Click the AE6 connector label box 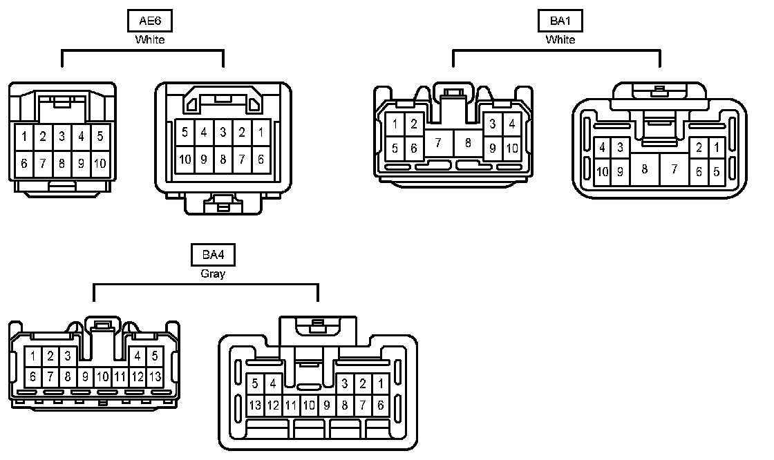(150, 21)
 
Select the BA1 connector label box (560, 21)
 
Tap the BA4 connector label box (214, 255)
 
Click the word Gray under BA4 (214, 274)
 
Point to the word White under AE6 (150, 39)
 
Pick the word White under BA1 (560, 39)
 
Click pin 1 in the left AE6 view (24, 136)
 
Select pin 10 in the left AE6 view (100, 163)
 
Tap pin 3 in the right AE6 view (223, 132)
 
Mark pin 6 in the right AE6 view (261, 159)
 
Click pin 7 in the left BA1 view (437, 143)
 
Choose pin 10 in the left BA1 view (511, 148)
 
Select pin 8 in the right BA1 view (644, 169)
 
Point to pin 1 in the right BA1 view (717, 147)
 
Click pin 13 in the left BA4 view (155, 376)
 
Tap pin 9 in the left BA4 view (85, 376)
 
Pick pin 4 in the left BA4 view (138, 357)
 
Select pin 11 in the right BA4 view (291, 405)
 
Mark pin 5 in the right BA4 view (255, 383)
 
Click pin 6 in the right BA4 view (381, 405)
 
